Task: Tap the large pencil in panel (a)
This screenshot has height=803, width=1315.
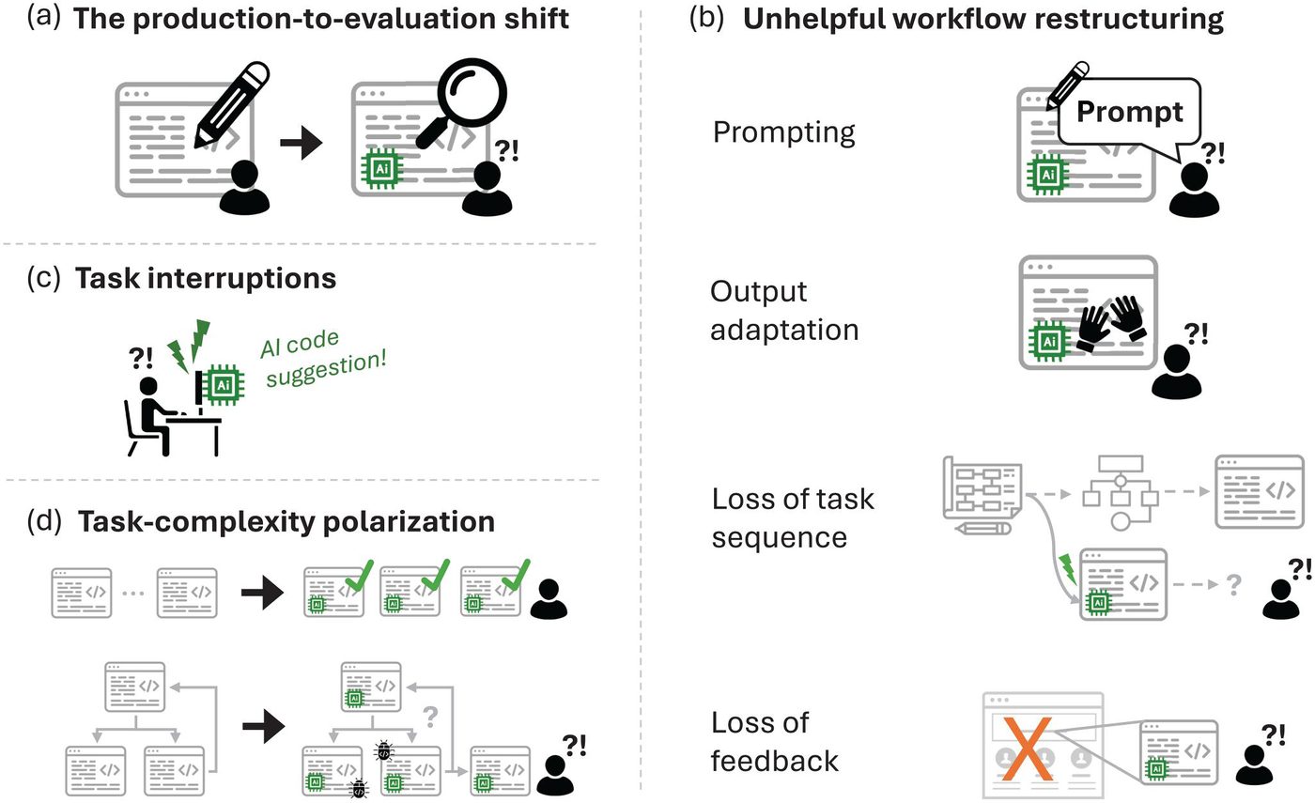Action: (231, 102)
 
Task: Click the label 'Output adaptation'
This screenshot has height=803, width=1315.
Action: (784, 311)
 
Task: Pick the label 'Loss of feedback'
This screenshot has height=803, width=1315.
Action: (775, 742)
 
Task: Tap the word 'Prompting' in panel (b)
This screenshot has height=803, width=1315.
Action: (784, 132)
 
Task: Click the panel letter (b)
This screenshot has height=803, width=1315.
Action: (707, 20)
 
